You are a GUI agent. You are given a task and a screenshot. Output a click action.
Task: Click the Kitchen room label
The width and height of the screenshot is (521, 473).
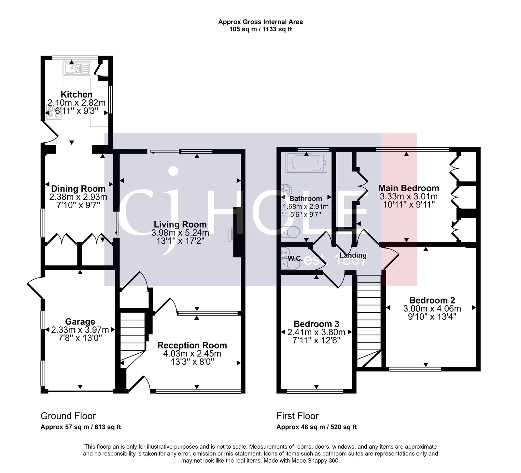click(77, 95)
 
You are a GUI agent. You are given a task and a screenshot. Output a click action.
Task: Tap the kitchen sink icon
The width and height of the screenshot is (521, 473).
click(77, 69)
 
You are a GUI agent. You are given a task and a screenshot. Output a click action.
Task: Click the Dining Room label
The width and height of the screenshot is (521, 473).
click(78, 189)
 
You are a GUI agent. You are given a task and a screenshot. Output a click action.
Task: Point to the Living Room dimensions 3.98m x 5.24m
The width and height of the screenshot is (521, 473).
click(180, 233)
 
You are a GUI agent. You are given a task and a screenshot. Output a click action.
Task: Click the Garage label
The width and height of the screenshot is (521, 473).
click(80, 322)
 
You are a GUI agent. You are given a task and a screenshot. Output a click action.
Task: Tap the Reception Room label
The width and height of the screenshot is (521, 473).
click(192, 345)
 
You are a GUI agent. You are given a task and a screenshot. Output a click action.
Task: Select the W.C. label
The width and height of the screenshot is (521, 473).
click(295, 259)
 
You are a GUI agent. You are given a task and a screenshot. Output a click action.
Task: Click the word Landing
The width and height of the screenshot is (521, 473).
click(353, 255)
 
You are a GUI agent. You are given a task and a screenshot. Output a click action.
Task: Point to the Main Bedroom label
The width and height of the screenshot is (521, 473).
click(409, 188)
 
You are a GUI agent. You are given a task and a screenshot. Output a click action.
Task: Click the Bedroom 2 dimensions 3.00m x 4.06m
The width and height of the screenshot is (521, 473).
click(432, 308)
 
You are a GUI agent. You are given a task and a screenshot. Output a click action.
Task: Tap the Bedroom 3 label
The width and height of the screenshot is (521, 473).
click(316, 324)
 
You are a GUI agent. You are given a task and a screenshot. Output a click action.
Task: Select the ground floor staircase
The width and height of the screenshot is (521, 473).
click(133, 338)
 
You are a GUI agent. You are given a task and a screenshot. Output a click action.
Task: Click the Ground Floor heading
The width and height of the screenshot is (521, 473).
click(68, 416)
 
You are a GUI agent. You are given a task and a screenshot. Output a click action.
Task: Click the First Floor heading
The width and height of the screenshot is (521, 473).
click(297, 416)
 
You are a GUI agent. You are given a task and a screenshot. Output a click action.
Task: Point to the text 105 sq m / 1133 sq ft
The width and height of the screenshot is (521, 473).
click(260, 29)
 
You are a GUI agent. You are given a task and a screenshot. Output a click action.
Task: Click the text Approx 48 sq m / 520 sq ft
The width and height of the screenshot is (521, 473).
click(317, 427)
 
